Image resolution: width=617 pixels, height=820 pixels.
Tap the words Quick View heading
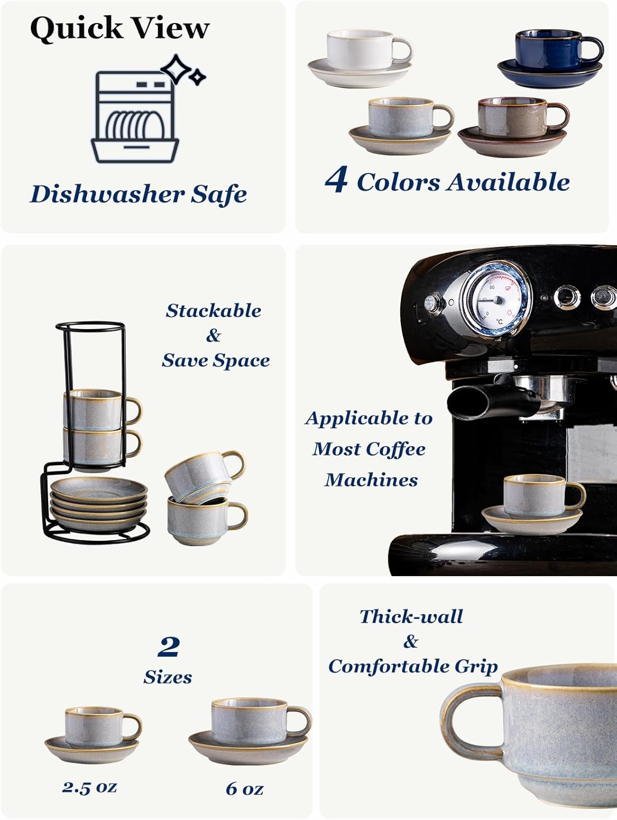tap(119, 28)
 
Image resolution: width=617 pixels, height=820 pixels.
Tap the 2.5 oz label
tap(90, 787)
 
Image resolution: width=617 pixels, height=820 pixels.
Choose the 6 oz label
tap(245, 788)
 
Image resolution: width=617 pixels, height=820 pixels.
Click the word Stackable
tap(213, 311)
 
